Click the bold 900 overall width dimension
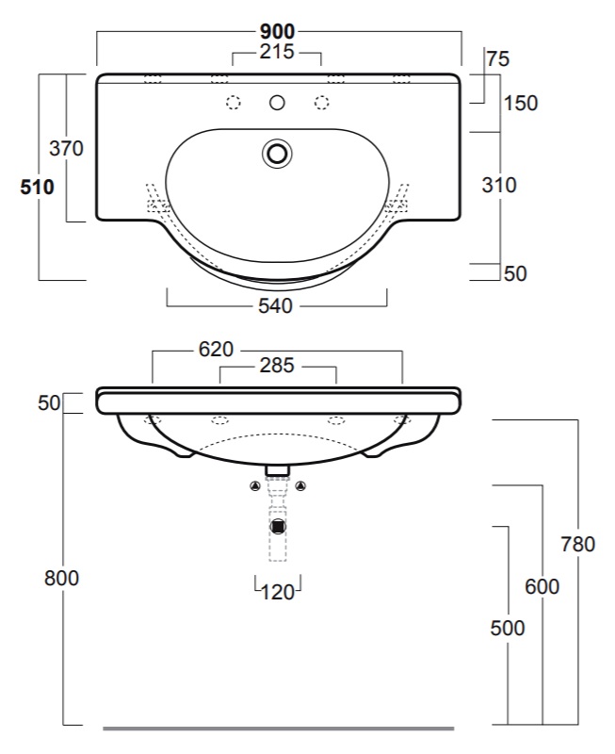click(x=277, y=32)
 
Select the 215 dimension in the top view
click(x=277, y=52)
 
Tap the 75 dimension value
click(x=498, y=59)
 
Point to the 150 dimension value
click(x=521, y=103)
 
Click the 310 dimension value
click(x=499, y=185)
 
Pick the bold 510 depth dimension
click(x=37, y=187)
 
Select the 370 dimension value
click(x=66, y=149)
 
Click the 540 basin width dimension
click(x=275, y=305)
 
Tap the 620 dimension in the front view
click(x=217, y=349)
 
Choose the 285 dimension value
click(x=277, y=366)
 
